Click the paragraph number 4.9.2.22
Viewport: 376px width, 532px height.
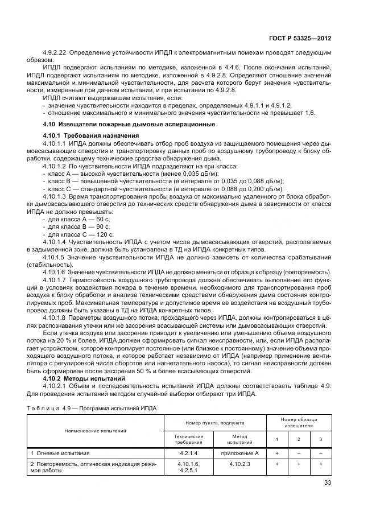[x=57, y=53]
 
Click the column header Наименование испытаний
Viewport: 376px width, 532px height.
[x=96, y=431]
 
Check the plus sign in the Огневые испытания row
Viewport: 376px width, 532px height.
[x=277, y=453]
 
